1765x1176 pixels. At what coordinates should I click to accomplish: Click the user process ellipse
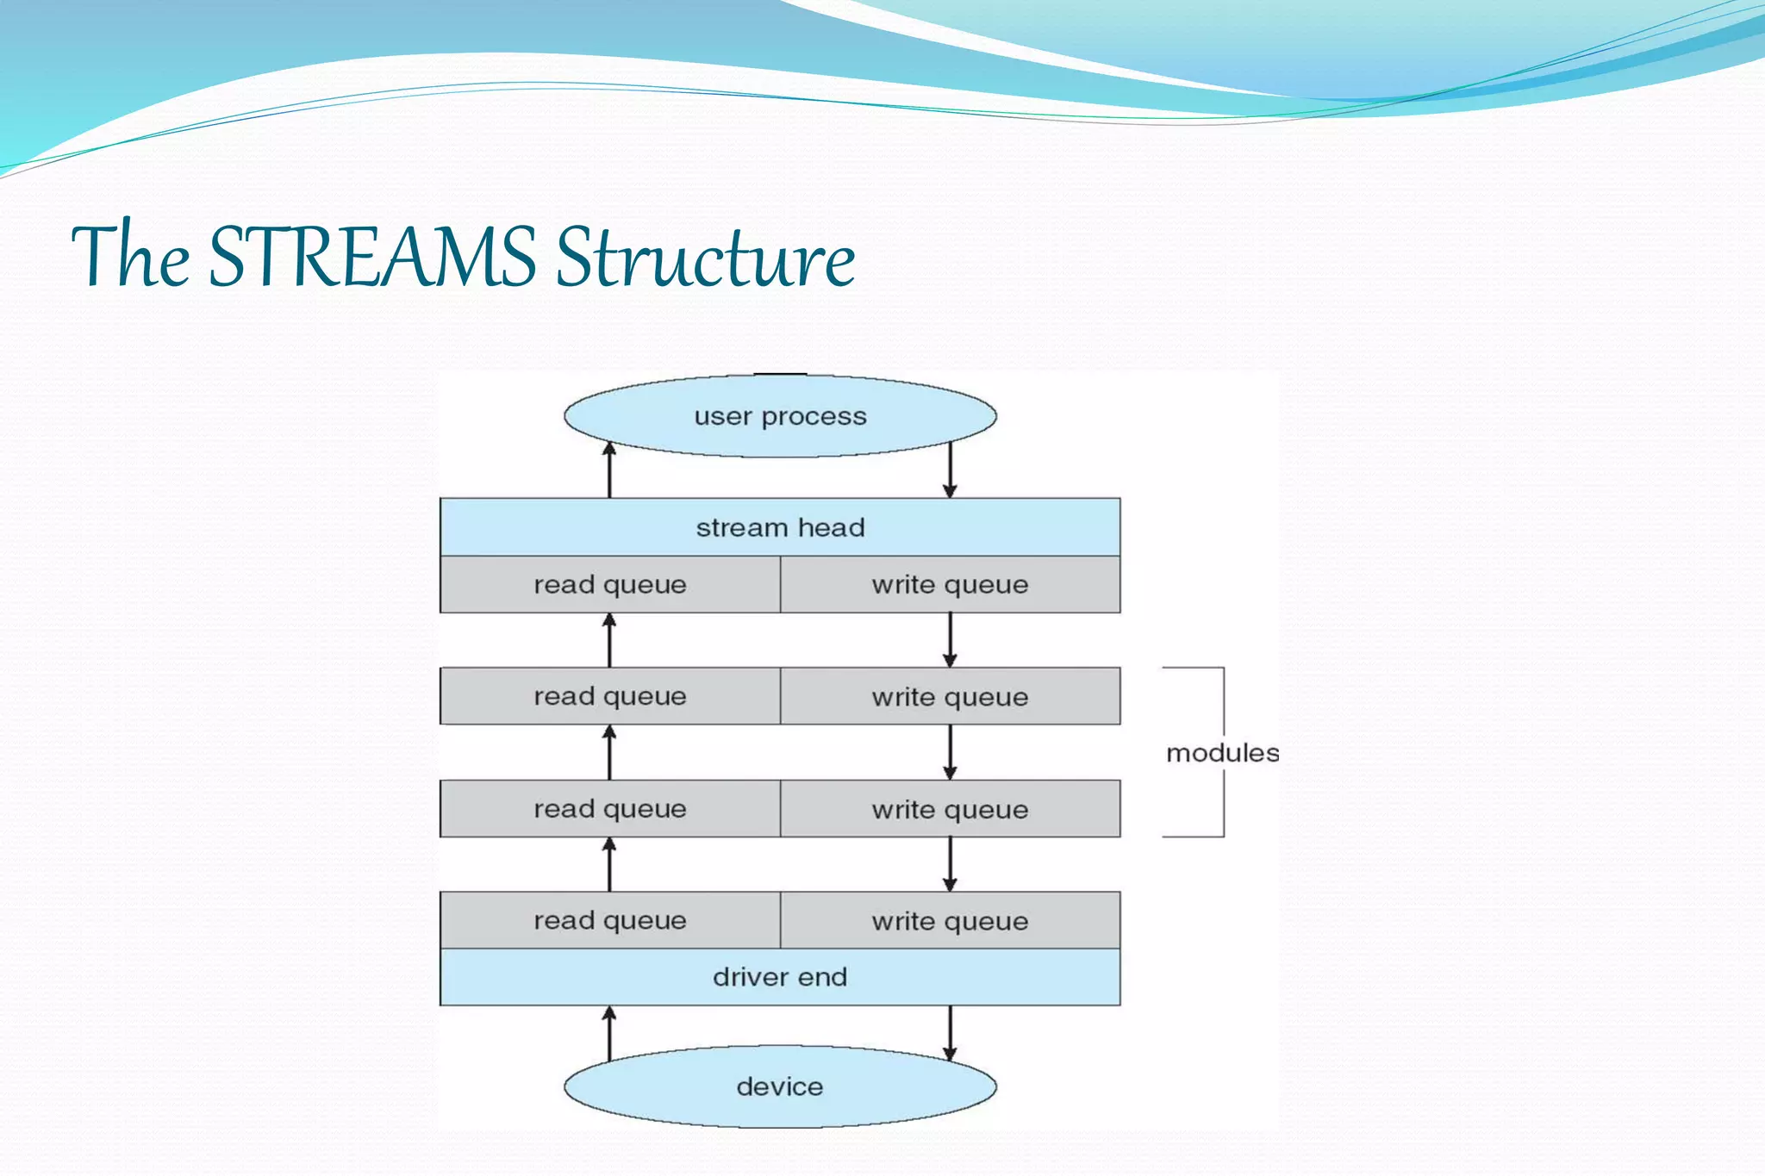[x=780, y=416]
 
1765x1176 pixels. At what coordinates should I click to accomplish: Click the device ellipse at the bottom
[x=780, y=1086]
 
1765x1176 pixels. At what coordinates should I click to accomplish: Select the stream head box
[x=780, y=527]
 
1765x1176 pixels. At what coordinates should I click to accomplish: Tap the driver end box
[x=780, y=977]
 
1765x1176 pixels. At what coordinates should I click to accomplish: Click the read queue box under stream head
[x=610, y=584]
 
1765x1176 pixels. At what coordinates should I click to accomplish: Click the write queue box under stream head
[x=950, y=584]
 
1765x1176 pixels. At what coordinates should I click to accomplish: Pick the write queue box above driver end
[x=950, y=920]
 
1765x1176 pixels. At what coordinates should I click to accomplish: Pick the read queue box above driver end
[x=610, y=920]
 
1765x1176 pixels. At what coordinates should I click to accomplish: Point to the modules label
[x=1221, y=753]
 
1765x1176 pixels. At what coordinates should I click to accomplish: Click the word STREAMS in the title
[x=372, y=256]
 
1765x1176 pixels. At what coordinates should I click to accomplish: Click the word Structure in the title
[x=705, y=256]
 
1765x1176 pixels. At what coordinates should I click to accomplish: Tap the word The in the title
[x=130, y=256]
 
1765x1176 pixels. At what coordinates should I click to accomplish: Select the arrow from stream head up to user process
[x=609, y=470]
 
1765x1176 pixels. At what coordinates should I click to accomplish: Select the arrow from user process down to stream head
[x=950, y=470]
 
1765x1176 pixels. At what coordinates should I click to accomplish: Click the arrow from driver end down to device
[x=950, y=1032]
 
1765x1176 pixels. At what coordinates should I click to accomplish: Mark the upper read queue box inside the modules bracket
[x=610, y=696]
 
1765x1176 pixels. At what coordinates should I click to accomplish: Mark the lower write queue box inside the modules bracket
[x=950, y=809]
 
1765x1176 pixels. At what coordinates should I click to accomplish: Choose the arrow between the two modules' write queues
[x=950, y=752]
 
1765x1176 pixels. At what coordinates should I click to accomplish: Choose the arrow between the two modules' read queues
[x=609, y=752]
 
